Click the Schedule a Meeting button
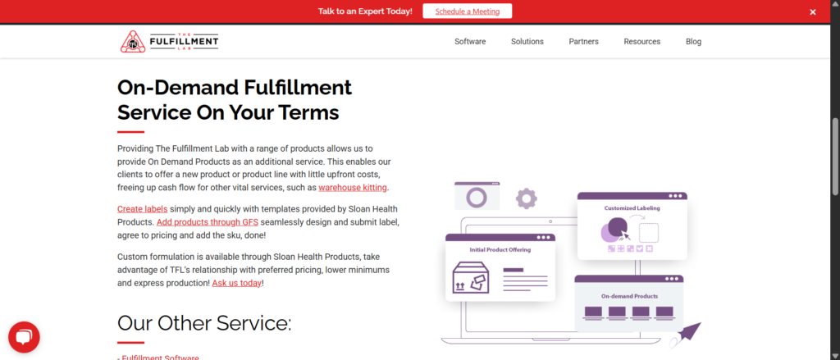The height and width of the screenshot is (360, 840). tap(467, 11)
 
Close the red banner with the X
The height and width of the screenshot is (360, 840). tap(813, 11)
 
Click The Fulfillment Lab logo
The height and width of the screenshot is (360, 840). tap(169, 41)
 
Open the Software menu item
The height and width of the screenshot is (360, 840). tap(470, 41)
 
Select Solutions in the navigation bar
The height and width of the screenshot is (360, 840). tap(527, 41)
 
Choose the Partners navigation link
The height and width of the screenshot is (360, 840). tap(584, 41)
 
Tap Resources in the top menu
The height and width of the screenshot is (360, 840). tap(641, 41)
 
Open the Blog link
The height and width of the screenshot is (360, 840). tap(693, 41)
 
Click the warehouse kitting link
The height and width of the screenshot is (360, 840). tap(353, 188)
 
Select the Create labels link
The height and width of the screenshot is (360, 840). tap(143, 209)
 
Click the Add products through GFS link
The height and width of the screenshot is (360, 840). tap(208, 221)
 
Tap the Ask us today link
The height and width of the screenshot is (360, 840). tap(237, 283)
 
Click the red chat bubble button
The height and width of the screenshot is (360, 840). tap(24, 338)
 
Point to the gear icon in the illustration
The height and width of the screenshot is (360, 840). tap(526, 198)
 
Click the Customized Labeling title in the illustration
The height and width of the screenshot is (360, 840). tap(632, 208)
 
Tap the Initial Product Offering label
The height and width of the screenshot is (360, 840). tap(500, 249)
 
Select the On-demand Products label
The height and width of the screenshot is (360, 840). tap(629, 296)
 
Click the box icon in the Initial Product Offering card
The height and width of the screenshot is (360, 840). tap(471, 277)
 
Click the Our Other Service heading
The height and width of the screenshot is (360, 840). tap(204, 323)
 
